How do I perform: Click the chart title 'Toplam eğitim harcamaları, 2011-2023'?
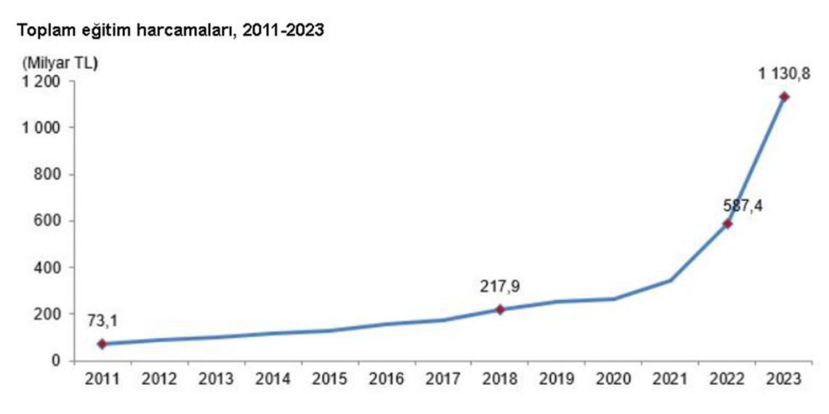pyautogui.click(x=172, y=31)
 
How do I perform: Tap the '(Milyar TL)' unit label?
pyautogui.click(x=59, y=62)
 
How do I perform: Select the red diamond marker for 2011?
pyautogui.click(x=102, y=344)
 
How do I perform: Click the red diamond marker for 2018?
pyautogui.click(x=500, y=309)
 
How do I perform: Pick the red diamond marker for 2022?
pyautogui.click(x=727, y=224)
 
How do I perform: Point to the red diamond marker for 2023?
pyautogui.click(x=784, y=97)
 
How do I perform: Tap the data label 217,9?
pyautogui.click(x=500, y=286)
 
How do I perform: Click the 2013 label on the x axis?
pyautogui.click(x=216, y=379)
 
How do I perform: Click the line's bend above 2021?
pyautogui.click(x=670, y=280)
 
